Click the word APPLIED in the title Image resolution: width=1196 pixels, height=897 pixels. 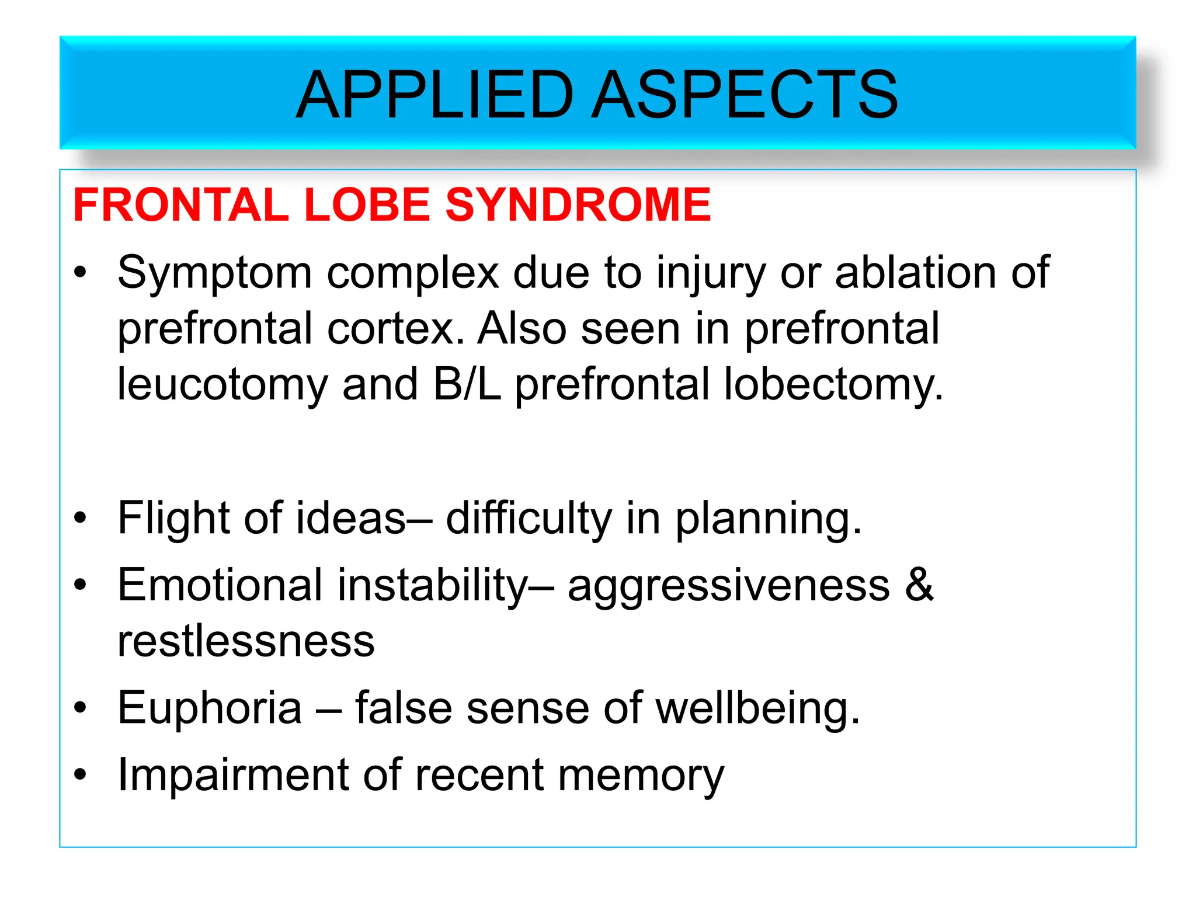click(x=435, y=95)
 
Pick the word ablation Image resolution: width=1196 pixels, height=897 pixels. click(x=915, y=272)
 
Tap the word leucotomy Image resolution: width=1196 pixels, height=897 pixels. click(x=223, y=385)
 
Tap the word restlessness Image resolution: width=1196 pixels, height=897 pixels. click(x=246, y=641)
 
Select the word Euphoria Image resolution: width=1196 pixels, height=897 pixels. click(x=210, y=708)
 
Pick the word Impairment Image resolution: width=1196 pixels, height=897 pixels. click(x=233, y=776)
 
